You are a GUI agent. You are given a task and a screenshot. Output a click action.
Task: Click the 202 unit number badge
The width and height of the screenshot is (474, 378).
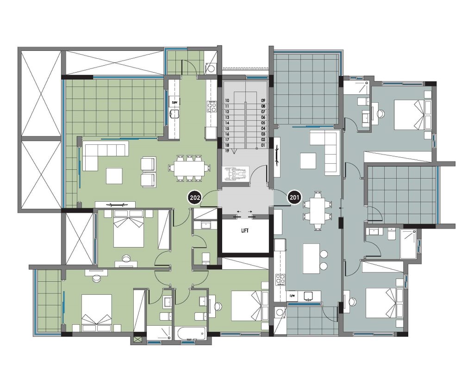click(195, 198)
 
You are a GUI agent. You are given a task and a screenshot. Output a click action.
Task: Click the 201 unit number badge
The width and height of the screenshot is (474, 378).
click(294, 198)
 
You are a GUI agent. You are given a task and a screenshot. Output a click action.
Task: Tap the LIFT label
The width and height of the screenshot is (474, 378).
click(245, 231)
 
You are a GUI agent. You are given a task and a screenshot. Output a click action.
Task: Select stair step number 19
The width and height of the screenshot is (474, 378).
click(227, 151)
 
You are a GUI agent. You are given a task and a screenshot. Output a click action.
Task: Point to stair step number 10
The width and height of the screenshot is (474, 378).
click(227, 100)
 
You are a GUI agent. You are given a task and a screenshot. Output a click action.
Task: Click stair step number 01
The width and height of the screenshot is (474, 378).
click(263, 145)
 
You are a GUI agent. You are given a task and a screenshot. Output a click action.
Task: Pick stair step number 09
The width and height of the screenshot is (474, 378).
click(263, 100)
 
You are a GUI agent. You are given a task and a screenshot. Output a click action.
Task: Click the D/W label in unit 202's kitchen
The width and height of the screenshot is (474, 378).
click(175, 103)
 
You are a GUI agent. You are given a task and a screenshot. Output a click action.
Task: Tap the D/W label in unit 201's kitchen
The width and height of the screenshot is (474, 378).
click(293, 296)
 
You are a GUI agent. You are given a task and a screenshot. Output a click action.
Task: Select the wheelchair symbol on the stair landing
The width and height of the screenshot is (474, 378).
click(236, 174)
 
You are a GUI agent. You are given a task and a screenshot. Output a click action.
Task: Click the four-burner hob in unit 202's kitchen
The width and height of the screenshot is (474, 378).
click(212, 106)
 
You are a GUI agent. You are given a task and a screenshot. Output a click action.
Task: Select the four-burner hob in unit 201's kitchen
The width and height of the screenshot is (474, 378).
click(280, 279)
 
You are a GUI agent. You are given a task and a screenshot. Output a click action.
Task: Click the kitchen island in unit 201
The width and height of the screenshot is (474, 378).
click(311, 259)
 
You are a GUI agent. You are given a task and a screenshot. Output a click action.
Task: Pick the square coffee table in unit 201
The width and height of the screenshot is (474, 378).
click(308, 161)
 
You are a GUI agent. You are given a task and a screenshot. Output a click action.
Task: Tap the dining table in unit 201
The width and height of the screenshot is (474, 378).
click(318, 211)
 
